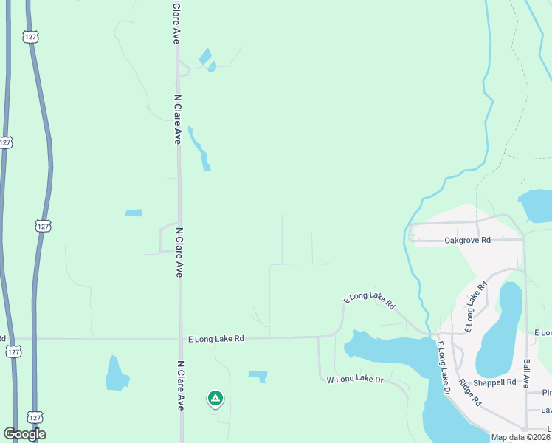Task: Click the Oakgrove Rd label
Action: pyautogui.click(x=468, y=241)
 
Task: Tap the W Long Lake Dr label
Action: pyautogui.click(x=355, y=380)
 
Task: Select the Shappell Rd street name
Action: pyautogui.click(x=494, y=382)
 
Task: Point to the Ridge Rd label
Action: pyautogui.click(x=469, y=393)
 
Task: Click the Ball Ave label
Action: pyautogui.click(x=526, y=374)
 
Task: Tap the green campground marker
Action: pyautogui.click(x=215, y=399)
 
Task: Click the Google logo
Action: pyautogui.click(x=24, y=434)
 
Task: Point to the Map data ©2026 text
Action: pyautogui.click(x=520, y=437)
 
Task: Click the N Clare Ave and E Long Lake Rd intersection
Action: pyautogui.click(x=180, y=339)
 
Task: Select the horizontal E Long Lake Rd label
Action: pyautogui.click(x=215, y=338)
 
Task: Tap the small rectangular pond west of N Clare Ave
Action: pyautogui.click(x=133, y=213)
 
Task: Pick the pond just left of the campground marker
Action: pyautogui.click(x=116, y=374)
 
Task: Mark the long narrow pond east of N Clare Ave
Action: pyautogui.click(x=199, y=148)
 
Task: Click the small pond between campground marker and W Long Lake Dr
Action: pyautogui.click(x=258, y=376)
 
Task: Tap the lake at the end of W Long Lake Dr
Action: pyautogui.click(x=384, y=350)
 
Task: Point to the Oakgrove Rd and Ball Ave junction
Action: pyautogui.click(x=524, y=239)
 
